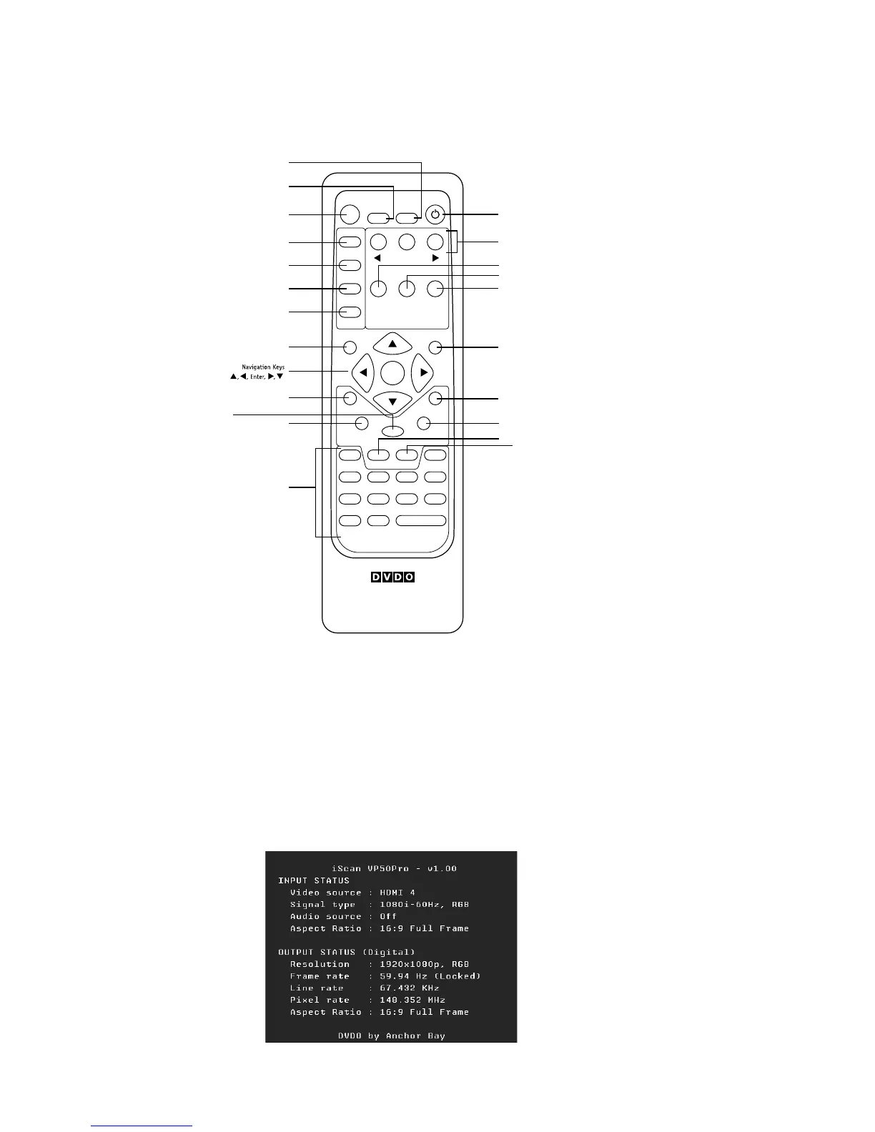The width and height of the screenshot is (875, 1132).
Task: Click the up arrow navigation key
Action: point(392,344)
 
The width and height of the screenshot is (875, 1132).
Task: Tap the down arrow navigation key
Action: point(392,402)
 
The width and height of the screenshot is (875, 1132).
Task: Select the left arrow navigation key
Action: point(362,372)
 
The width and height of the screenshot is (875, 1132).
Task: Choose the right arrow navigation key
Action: point(423,372)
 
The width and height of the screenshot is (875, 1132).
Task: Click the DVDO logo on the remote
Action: point(392,577)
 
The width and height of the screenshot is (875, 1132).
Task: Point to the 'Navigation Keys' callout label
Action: point(262,367)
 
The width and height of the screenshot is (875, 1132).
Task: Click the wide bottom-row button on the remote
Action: point(421,521)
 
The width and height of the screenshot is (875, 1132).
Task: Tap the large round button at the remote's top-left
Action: point(350,214)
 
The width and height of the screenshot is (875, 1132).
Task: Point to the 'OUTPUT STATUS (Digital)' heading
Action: point(347,952)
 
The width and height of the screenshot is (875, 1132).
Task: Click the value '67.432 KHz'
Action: point(410,988)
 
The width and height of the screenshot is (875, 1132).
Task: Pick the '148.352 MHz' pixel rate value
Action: point(412,1000)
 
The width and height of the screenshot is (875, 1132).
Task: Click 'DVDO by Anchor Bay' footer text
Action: point(392,1036)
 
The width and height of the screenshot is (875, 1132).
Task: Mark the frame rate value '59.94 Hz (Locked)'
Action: point(430,976)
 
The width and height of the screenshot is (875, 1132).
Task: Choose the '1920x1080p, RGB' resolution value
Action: point(425,964)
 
